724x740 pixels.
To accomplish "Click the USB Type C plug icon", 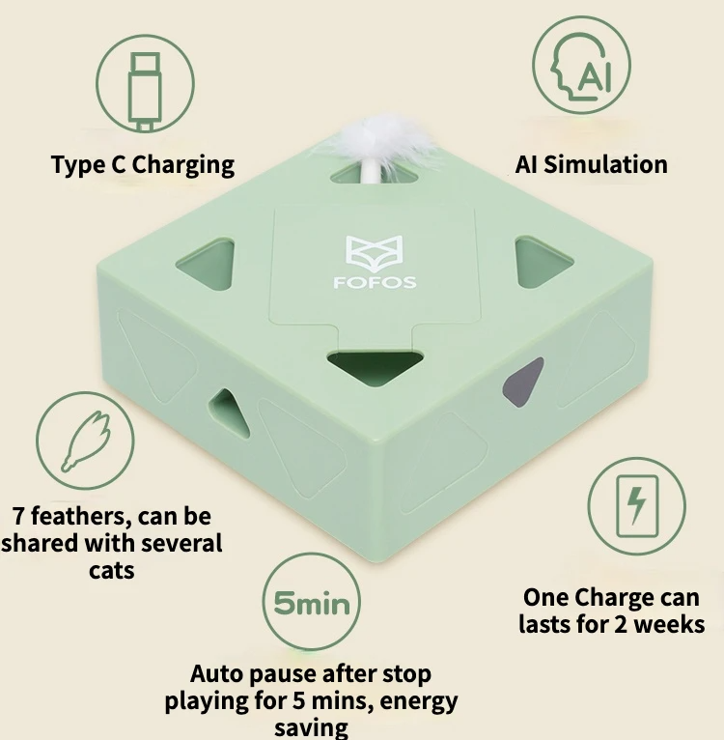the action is (x=145, y=92).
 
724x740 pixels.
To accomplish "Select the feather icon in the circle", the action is (x=87, y=441).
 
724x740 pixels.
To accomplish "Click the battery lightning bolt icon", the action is (x=637, y=506).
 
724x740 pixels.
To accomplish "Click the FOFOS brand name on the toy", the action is (x=375, y=282).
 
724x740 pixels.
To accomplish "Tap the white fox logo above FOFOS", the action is (x=375, y=251).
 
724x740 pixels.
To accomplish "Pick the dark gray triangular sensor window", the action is (x=523, y=383).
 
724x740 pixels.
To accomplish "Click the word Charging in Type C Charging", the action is (x=183, y=165).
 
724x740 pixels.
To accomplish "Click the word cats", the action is (x=112, y=571).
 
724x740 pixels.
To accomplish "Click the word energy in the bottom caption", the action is (x=419, y=702).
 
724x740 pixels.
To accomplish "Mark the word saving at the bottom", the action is (x=311, y=727).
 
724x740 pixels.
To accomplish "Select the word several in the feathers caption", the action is (x=181, y=543).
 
